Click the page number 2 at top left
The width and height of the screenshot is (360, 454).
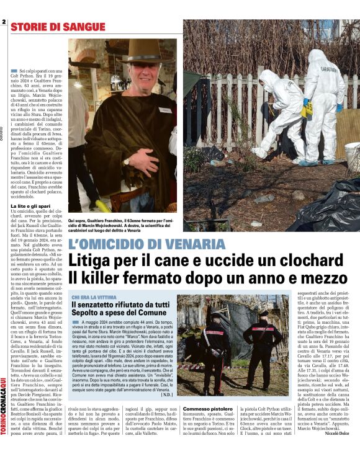[4, 23]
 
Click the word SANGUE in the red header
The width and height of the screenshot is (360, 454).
[81, 27]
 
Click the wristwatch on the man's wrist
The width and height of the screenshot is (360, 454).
[127, 161]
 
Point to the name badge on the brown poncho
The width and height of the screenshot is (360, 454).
[164, 110]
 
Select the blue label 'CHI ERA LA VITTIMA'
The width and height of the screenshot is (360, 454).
[94, 298]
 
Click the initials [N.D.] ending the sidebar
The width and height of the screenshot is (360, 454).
[167, 394]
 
